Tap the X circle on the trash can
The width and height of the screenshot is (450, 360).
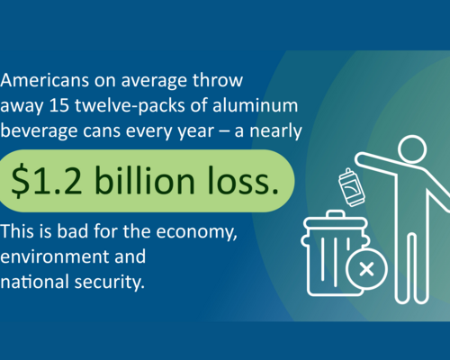pyautogui.click(x=365, y=268)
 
